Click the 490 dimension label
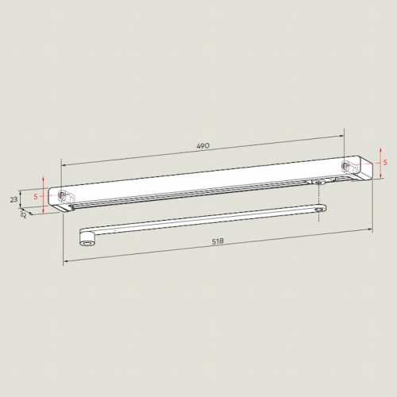click(x=203, y=146)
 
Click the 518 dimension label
click(x=218, y=241)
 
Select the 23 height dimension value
click(x=13, y=199)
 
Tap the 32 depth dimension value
click(x=23, y=214)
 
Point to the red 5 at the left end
click(x=36, y=196)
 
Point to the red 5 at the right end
click(x=385, y=163)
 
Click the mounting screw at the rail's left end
click(x=61, y=195)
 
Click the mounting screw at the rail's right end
click(x=345, y=165)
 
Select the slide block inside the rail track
click(x=320, y=182)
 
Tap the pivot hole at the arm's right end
click(x=320, y=210)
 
